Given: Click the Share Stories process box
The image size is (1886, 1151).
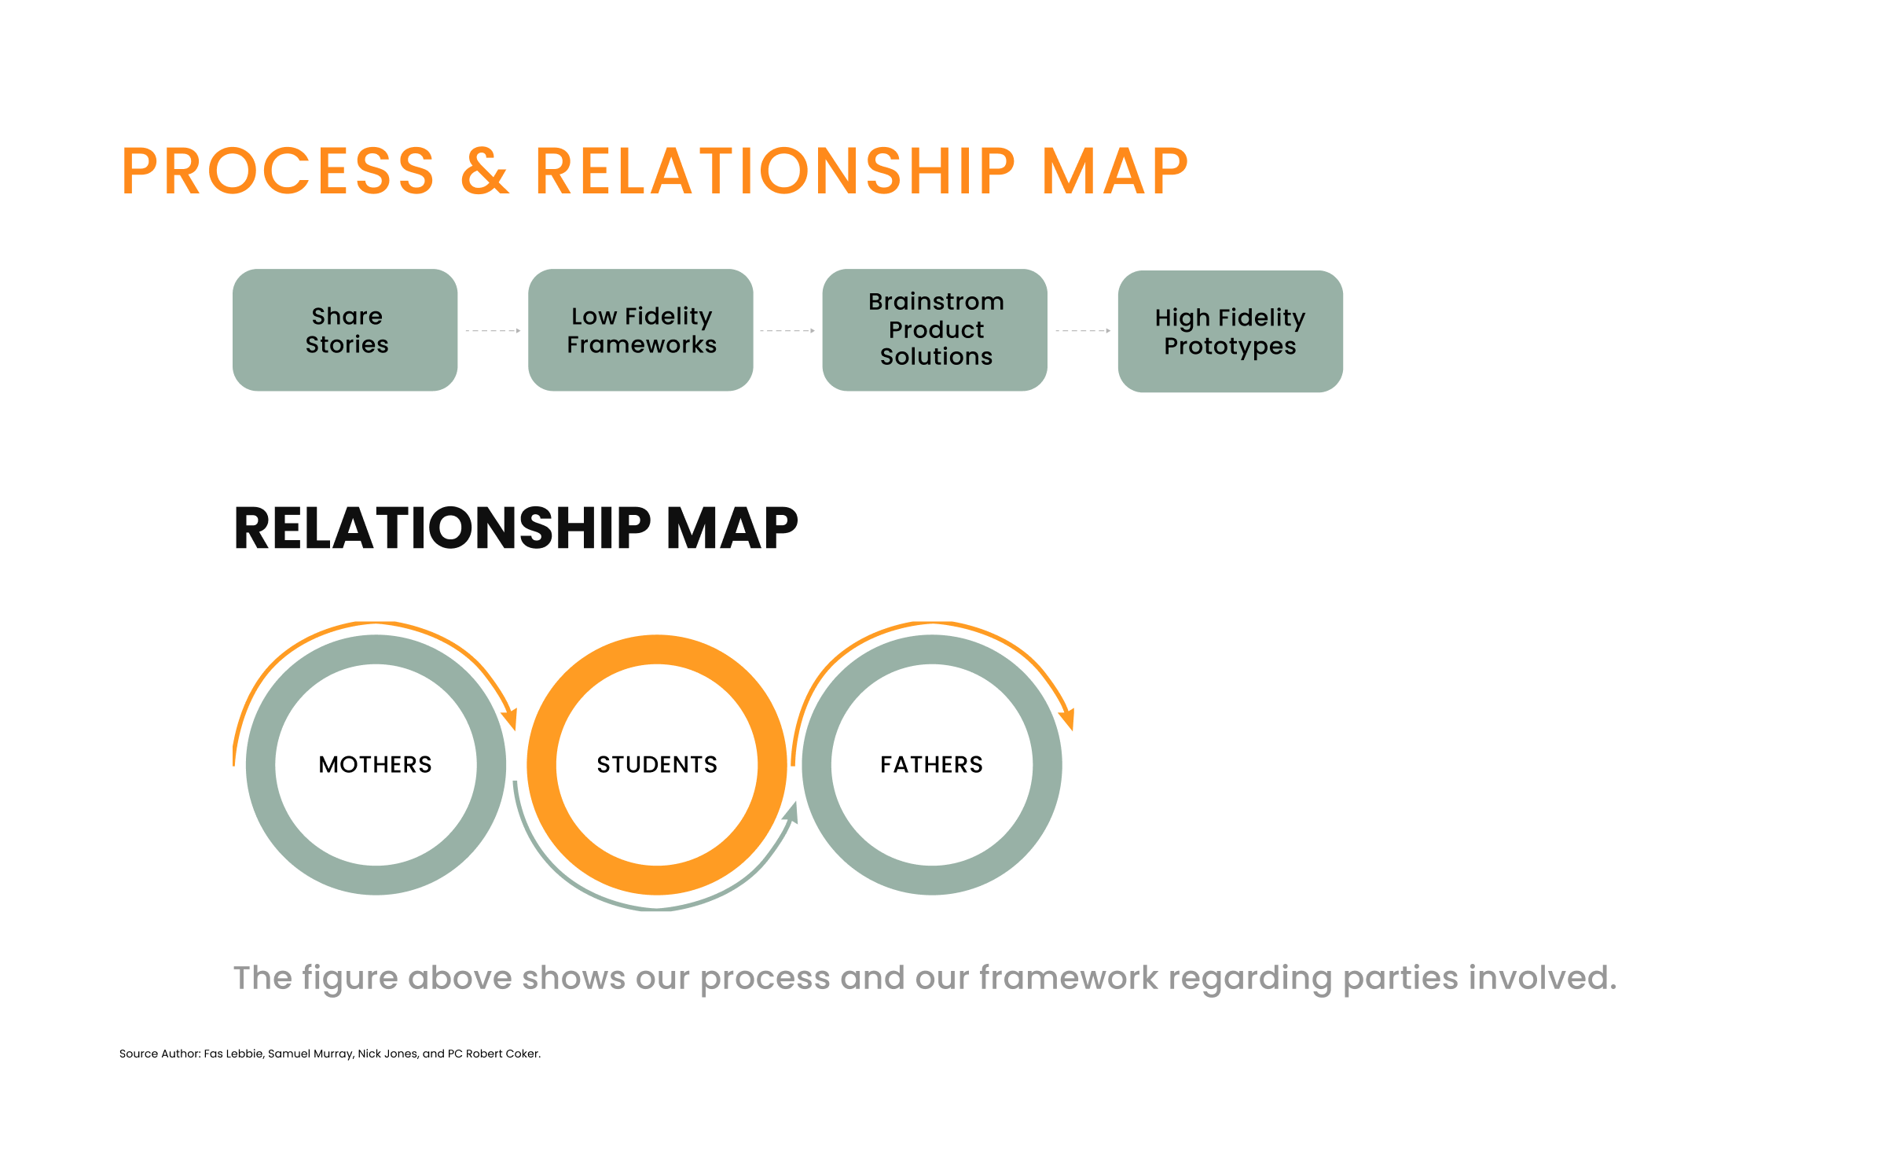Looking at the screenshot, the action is [345, 330].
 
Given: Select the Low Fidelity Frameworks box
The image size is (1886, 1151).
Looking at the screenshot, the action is [640, 330].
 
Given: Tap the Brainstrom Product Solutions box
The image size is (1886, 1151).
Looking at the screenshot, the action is [935, 330].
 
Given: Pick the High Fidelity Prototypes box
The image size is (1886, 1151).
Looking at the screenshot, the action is [1231, 332].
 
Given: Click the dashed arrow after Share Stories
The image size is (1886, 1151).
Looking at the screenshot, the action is [494, 331].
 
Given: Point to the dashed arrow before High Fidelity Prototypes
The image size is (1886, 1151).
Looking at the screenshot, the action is [1083, 331].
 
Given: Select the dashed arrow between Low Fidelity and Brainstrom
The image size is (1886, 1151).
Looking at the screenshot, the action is [787, 331].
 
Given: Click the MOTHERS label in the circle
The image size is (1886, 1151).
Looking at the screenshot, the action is [376, 765].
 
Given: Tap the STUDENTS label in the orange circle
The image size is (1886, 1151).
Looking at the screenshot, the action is [657, 765].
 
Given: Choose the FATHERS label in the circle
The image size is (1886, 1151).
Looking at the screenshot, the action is [932, 765].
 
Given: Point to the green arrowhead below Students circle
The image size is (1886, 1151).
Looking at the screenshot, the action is [791, 813].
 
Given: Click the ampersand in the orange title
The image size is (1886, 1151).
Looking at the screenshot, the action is [485, 171].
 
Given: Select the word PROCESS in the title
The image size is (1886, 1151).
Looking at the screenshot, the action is [278, 171].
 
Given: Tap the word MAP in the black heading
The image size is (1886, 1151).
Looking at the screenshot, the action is [732, 528].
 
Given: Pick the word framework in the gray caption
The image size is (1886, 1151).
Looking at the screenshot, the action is [1069, 978].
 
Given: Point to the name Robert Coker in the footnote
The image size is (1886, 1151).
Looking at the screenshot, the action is [502, 1054].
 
